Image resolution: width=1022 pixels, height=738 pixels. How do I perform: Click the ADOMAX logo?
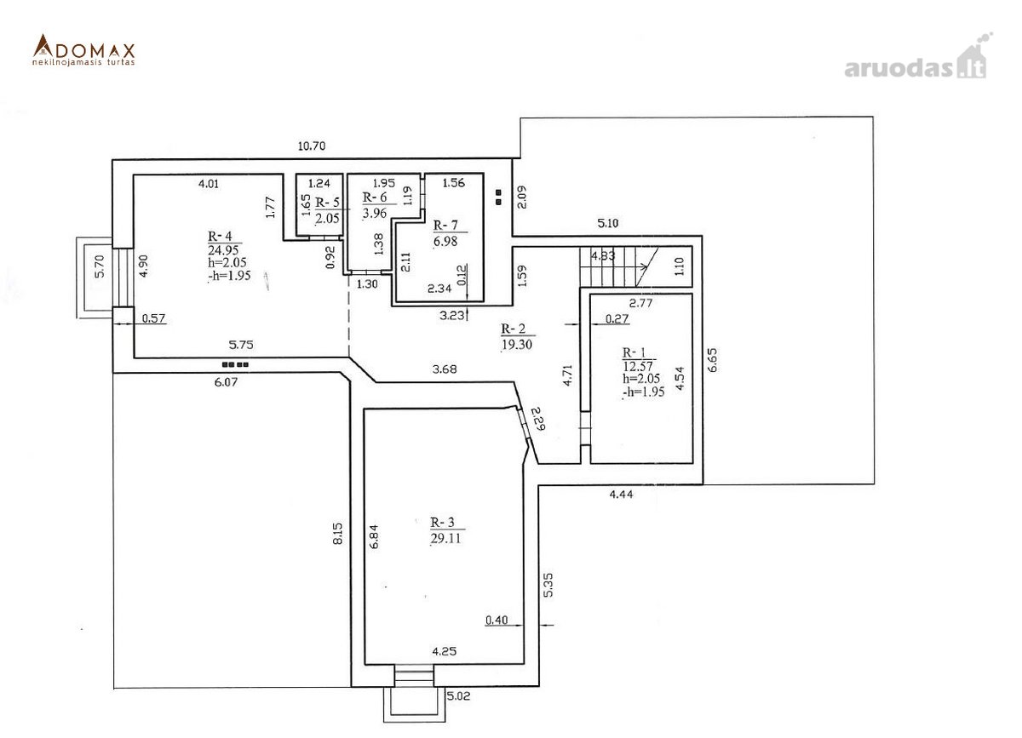click(x=84, y=49)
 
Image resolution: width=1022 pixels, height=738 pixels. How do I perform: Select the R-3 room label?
click(x=442, y=523)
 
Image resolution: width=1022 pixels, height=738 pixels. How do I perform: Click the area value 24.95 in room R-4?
click(x=223, y=250)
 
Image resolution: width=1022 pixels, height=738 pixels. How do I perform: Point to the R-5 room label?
click(x=327, y=203)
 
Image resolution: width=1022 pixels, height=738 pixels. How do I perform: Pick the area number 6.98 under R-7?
click(x=445, y=241)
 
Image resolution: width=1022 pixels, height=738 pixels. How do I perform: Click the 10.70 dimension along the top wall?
click(x=312, y=146)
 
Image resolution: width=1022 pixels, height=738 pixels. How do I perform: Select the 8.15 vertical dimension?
click(x=337, y=533)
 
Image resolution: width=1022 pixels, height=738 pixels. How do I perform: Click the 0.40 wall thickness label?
click(x=497, y=620)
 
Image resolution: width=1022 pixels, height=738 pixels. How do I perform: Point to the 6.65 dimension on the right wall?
click(x=712, y=360)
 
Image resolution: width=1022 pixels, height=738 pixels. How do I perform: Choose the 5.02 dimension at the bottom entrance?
click(x=458, y=695)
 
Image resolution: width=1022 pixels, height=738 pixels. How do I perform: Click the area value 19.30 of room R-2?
click(x=516, y=344)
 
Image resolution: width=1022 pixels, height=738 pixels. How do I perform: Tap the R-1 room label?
click(x=634, y=352)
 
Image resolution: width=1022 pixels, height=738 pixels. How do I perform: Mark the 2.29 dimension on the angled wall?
click(x=539, y=418)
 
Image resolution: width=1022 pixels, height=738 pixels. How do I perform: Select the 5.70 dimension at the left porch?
click(x=99, y=266)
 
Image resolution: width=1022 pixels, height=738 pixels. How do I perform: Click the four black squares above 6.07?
click(x=235, y=364)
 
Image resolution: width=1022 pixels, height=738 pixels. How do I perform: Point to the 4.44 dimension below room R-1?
click(x=621, y=494)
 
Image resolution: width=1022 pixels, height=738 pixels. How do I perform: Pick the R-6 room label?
click(x=375, y=197)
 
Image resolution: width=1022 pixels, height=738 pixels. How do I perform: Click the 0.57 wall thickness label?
click(x=153, y=318)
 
